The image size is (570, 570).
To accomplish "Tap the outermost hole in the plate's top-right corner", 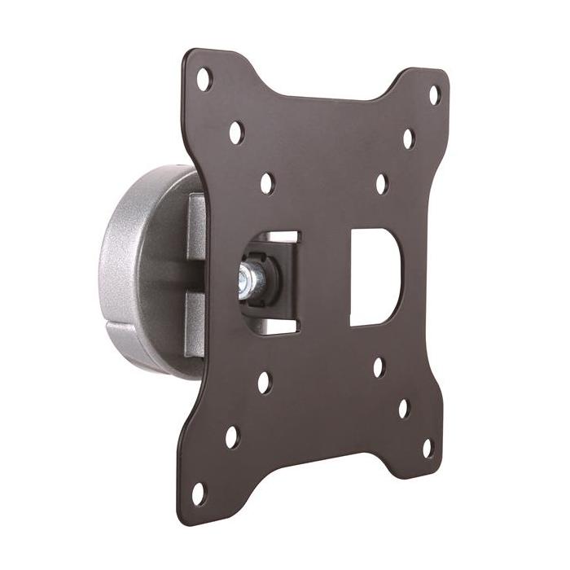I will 434,94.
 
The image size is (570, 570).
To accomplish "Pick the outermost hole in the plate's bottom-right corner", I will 427,446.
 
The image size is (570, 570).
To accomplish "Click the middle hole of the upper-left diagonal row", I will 236,130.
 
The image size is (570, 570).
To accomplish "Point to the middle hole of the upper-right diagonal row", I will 408,138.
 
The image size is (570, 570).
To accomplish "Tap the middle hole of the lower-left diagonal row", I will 233,436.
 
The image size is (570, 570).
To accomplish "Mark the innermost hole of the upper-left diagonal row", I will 267,183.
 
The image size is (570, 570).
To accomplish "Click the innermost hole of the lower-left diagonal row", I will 265,382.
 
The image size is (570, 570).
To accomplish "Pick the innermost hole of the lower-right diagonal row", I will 379,367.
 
